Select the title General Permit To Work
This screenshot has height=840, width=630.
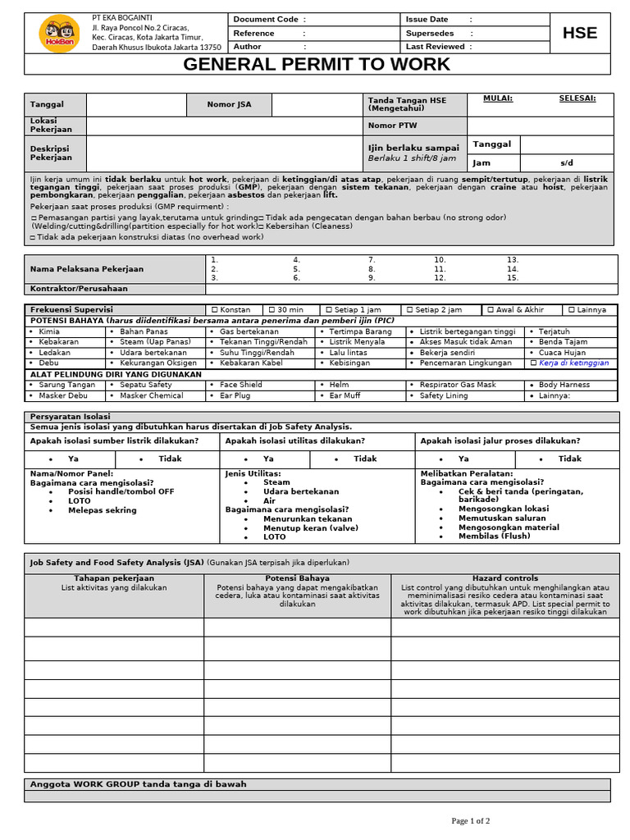coord(317,65)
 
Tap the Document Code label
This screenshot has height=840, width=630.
coord(266,19)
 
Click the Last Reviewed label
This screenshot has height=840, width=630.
coord(436,47)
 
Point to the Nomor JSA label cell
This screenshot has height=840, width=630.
coord(230,104)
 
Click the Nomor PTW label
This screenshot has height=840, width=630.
coord(393,126)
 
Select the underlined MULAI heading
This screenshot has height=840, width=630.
coord(498,98)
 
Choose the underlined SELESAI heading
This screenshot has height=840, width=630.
coord(577,98)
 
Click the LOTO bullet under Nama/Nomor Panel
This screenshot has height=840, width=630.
coord(80,500)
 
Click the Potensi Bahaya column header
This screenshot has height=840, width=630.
coord(297,578)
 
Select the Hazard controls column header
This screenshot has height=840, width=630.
coord(505,578)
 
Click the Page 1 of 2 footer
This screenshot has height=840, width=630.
coord(471,820)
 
